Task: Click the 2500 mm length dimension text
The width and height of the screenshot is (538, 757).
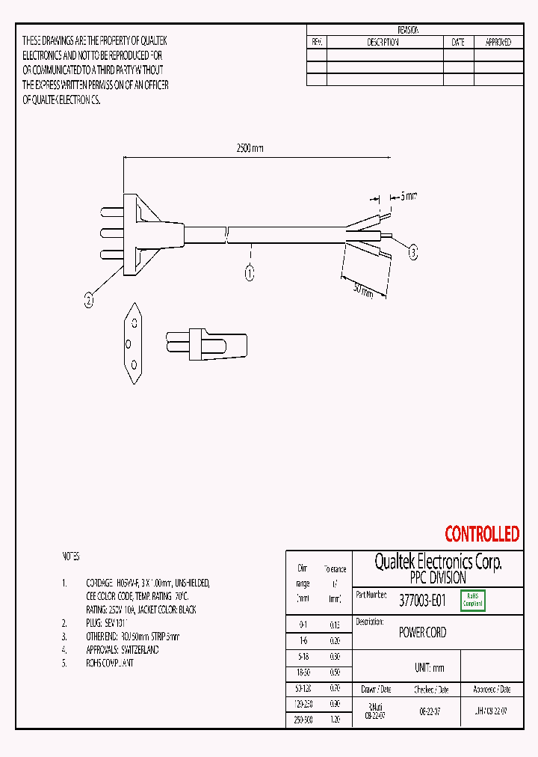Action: (250, 148)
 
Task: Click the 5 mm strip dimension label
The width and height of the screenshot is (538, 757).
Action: (409, 196)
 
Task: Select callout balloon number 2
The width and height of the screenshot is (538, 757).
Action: (89, 301)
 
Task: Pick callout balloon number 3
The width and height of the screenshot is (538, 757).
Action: (413, 253)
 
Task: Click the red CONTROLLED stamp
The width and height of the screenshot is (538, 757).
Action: (482, 534)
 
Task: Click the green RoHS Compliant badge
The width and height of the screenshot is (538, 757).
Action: (473, 600)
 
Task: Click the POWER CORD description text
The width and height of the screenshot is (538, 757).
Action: (422, 632)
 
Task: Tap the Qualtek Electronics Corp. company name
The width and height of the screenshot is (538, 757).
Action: (438, 563)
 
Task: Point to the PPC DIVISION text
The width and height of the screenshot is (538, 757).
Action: (438, 578)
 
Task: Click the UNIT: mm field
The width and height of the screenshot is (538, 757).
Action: (429, 667)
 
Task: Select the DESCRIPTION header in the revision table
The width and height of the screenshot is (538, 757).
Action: (383, 43)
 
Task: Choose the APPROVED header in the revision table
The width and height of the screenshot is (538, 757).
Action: (498, 43)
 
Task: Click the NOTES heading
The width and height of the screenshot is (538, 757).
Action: (70, 557)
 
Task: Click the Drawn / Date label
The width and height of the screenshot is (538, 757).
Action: (376, 689)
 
